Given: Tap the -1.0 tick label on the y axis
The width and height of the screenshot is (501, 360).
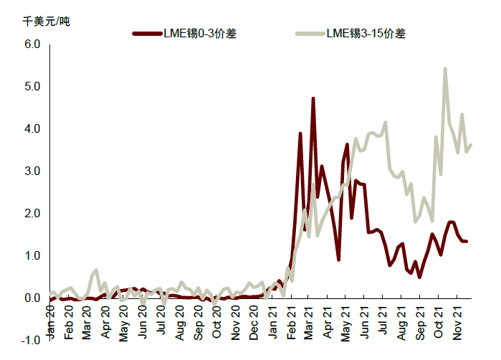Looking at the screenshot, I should click(31, 341).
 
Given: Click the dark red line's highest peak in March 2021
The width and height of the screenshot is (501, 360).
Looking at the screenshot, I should click(313, 98).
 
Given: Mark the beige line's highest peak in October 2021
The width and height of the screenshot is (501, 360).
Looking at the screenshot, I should click(445, 69).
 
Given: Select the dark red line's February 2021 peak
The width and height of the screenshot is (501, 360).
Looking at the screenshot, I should click(300, 133).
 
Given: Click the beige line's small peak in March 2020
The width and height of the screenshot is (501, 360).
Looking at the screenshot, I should click(96, 270).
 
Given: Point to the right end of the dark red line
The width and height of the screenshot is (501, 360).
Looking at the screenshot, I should click(467, 242).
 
